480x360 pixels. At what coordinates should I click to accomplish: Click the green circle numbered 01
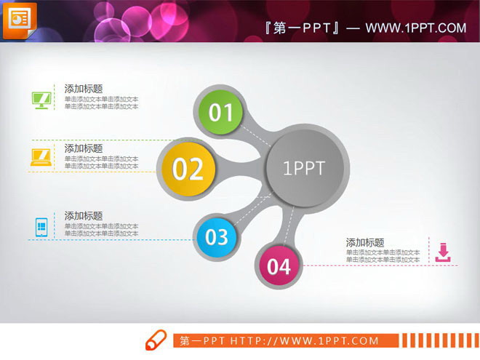[221, 113]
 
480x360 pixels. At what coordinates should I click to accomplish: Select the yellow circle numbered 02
[188, 169]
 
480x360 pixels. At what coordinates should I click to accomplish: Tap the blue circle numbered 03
[217, 236]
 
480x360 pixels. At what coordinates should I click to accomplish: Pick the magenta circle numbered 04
[279, 266]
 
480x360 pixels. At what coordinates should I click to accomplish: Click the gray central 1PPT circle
[304, 169]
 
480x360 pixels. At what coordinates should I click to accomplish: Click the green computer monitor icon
[41, 100]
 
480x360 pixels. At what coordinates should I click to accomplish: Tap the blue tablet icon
[41, 227]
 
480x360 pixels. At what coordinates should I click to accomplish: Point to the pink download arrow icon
[443, 252]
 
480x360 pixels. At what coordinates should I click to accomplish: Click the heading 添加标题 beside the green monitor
[84, 89]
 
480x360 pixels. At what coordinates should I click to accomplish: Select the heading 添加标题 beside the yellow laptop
[84, 148]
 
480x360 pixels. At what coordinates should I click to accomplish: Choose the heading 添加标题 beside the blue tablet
[84, 216]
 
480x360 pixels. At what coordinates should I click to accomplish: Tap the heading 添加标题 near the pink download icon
[365, 243]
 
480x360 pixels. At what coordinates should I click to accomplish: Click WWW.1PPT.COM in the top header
[415, 28]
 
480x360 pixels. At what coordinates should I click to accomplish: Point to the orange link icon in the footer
[156, 340]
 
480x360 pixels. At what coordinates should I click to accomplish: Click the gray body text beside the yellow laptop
[101, 162]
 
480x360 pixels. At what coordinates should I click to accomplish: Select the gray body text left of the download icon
[383, 256]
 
